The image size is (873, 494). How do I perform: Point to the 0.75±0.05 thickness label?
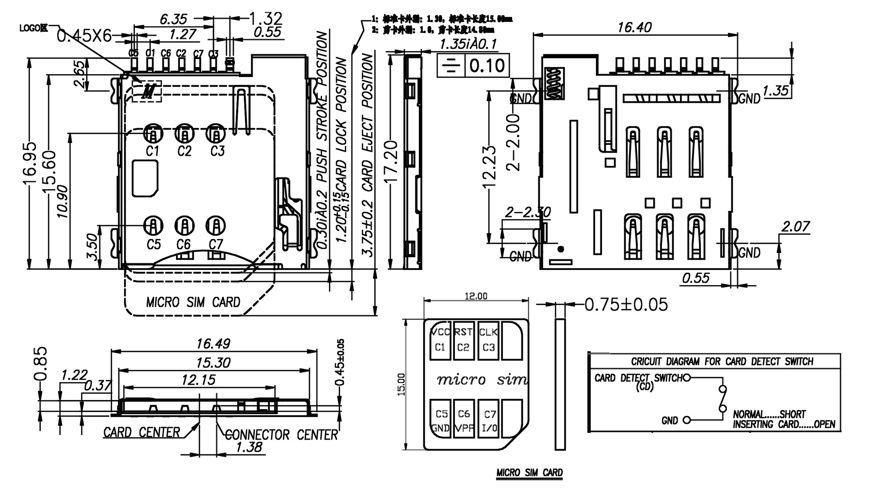626,304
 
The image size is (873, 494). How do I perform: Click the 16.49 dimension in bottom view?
213,344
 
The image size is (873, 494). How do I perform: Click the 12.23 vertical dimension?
490,166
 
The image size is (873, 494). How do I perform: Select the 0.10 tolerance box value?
487,65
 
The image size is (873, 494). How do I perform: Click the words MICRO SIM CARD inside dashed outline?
193,303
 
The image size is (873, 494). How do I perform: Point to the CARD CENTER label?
141,432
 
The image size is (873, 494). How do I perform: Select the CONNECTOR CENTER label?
281,434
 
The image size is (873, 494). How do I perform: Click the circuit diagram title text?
722,362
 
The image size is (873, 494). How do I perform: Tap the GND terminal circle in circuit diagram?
686,420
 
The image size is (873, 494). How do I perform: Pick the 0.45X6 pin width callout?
84,35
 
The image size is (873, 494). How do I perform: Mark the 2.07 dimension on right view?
795,226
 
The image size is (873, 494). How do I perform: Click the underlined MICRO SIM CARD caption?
529,473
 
